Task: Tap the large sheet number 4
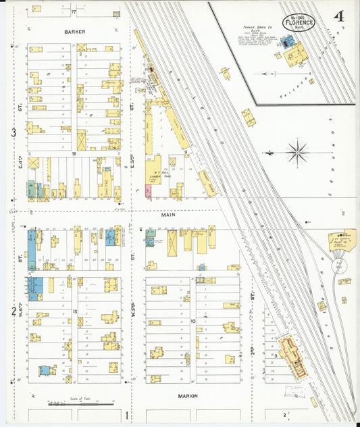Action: click(x=336, y=14)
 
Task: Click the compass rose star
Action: click(x=297, y=151)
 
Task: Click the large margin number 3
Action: click(x=13, y=133)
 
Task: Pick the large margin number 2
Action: click(x=13, y=311)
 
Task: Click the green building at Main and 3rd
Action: click(x=150, y=237)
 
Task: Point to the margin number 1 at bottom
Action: click(x=127, y=413)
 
